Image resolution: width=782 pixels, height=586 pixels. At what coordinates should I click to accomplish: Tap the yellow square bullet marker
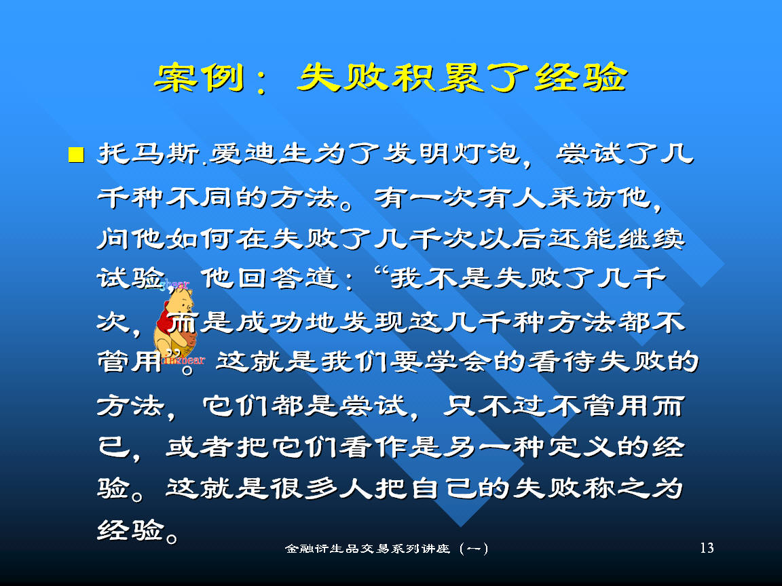(76, 155)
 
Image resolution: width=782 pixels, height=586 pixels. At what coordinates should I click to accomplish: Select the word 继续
(652, 239)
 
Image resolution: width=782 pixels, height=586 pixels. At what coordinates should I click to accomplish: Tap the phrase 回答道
(288, 278)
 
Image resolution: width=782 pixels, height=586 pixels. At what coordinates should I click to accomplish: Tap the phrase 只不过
(495, 406)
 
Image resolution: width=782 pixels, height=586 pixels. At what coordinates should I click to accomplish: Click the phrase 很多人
(321, 488)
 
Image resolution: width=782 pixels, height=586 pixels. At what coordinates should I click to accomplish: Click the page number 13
(707, 548)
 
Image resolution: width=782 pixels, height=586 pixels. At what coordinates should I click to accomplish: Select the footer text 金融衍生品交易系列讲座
(367, 549)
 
